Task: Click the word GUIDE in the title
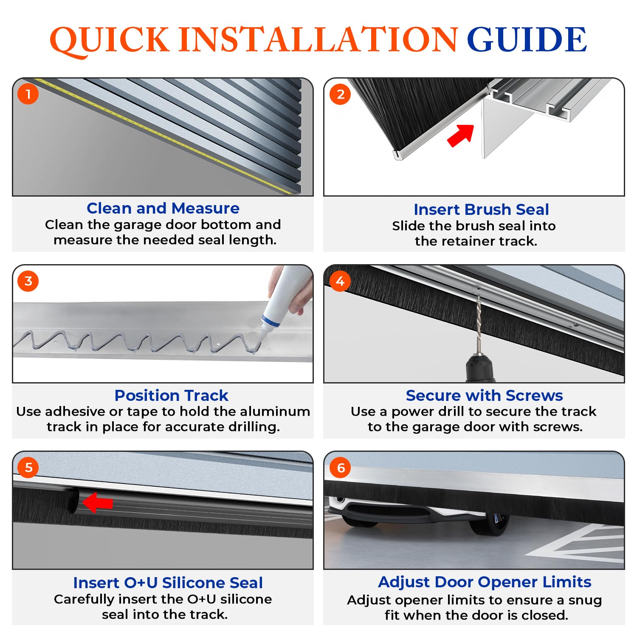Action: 527,39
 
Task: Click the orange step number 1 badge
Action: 28,94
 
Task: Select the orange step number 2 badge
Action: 340,94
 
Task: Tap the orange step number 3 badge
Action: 28,281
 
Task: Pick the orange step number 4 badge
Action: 340,281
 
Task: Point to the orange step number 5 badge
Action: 28,468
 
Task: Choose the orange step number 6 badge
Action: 340,468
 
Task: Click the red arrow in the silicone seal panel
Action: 98,502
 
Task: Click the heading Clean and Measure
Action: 163,208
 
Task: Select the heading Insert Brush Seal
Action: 481,209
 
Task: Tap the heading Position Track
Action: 172,395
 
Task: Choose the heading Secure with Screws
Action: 484,395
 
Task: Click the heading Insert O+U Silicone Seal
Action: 168,583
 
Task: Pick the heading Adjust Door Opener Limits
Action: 485,582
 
